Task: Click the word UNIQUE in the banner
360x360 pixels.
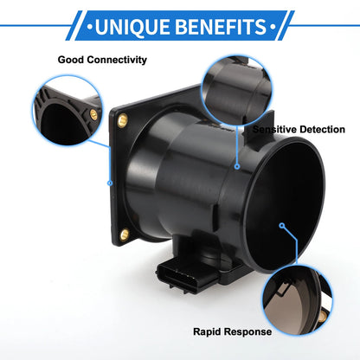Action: (x=132, y=27)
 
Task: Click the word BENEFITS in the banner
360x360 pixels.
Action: (x=221, y=27)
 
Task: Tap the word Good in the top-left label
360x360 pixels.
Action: (x=71, y=60)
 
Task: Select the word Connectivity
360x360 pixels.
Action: (x=117, y=60)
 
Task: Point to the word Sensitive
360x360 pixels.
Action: (x=274, y=129)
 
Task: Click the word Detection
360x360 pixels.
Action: (x=322, y=129)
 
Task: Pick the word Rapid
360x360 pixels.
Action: (x=205, y=331)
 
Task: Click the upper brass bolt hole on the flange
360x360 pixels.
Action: (x=122, y=120)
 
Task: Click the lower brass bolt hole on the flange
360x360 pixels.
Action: (x=125, y=235)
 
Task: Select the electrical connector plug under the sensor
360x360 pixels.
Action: (x=187, y=274)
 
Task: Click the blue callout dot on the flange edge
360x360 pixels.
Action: (x=110, y=183)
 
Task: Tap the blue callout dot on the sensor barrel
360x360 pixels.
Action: (x=237, y=166)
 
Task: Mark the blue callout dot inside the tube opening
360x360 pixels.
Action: (x=282, y=225)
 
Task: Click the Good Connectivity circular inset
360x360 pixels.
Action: (x=67, y=111)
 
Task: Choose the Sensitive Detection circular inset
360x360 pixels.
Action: (x=236, y=90)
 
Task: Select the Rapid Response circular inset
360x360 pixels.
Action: (x=298, y=300)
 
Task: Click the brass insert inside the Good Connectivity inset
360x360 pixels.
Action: (x=93, y=115)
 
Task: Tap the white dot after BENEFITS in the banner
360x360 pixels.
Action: (x=273, y=27)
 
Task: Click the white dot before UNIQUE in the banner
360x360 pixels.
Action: (x=90, y=28)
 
